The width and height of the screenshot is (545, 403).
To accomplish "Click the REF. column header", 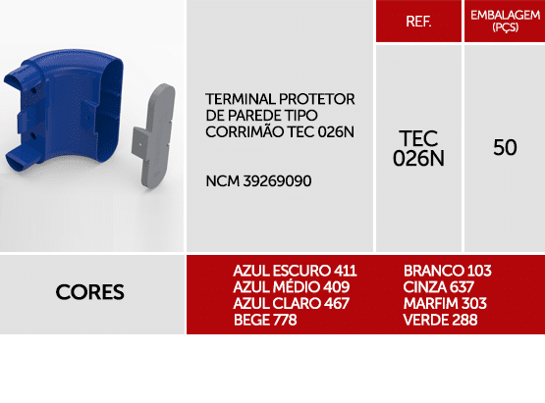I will (418, 21).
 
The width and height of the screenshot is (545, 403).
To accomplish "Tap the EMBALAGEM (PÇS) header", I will (505, 21).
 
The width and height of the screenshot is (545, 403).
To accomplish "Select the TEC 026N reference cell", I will (418, 147).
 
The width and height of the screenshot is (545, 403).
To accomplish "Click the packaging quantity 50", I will (505, 148).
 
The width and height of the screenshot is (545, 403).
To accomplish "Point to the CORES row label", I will (90, 292).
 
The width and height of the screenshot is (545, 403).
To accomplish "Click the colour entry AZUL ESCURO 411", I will (295, 271).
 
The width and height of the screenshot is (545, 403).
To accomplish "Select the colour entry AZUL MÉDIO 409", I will (292, 287).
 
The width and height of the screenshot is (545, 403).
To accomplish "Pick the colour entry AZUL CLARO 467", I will (291, 304).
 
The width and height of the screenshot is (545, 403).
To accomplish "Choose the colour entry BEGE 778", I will (265, 321).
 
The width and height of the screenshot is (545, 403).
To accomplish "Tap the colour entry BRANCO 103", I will (447, 271).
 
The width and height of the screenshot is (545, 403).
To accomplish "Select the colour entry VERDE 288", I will (441, 321).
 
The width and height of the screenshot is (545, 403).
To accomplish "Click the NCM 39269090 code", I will (259, 181).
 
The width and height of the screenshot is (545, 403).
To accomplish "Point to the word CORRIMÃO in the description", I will (241, 130).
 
